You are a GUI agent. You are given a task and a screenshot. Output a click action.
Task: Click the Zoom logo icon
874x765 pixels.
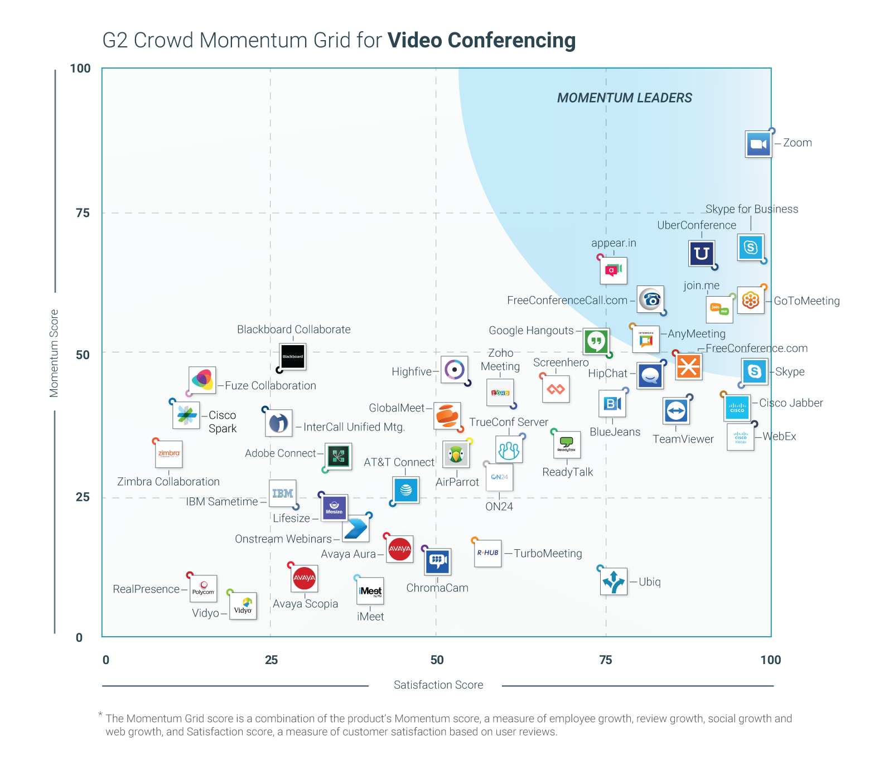pyautogui.click(x=759, y=144)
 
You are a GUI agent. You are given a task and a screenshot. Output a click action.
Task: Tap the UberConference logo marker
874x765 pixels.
pyautogui.click(x=702, y=254)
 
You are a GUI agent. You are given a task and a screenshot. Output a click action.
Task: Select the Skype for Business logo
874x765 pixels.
pyautogui.click(x=750, y=247)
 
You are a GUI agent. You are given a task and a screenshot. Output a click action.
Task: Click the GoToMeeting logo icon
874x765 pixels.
pyautogui.click(x=750, y=301)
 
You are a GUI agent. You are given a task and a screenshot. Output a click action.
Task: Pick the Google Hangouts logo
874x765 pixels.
pyautogui.click(x=596, y=341)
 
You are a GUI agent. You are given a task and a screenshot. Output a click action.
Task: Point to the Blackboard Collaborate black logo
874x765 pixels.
pyautogui.click(x=293, y=356)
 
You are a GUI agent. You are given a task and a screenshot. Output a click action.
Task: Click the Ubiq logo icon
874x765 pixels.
pyautogui.click(x=614, y=582)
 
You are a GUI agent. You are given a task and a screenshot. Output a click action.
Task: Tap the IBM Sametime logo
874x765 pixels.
pyautogui.click(x=283, y=493)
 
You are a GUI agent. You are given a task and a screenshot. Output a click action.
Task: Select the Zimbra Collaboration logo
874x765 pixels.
pyautogui.click(x=169, y=454)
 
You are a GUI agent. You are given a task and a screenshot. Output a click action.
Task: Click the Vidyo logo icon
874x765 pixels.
pyautogui.click(x=243, y=606)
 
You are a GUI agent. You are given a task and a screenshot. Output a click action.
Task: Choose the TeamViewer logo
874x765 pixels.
pyautogui.click(x=676, y=411)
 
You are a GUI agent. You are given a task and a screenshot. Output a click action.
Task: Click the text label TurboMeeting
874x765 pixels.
pyautogui.click(x=548, y=554)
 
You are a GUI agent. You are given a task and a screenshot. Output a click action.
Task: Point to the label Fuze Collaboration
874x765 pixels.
pyautogui.click(x=271, y=386)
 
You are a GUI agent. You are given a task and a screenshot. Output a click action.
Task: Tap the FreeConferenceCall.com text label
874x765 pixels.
pyautogui.click(x=567, y=301)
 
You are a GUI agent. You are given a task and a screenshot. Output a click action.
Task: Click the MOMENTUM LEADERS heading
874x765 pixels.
pyautogui.click(x=624, y=98)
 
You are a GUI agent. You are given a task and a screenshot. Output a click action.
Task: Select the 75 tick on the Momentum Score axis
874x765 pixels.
pyautogui.click(x=83, y=214)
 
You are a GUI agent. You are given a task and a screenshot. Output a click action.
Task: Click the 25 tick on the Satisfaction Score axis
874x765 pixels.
pyautogui.click(x=271, y=660)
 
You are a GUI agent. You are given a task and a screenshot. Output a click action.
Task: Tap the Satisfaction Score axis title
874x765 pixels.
pyautogui.click(x=438, y=685)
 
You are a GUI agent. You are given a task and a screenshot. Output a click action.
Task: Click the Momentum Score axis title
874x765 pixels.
pyautogui.click(x=54, y=353)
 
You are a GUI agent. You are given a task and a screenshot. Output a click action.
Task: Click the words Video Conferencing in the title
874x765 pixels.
pyautogui.click(x=481, y=41)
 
